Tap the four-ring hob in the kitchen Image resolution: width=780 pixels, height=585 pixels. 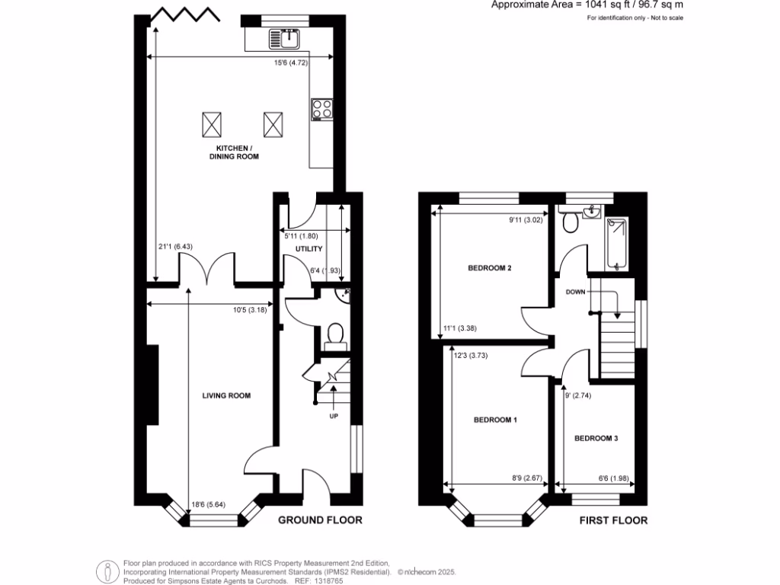click(321, 110)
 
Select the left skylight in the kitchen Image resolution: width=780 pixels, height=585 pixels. click(212, 122)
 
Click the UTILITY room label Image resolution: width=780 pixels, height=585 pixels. click(309, 249)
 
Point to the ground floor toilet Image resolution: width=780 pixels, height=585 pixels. click(334, 335)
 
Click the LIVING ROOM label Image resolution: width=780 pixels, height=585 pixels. click(226, 395)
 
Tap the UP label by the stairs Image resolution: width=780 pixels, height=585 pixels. click(334, 416)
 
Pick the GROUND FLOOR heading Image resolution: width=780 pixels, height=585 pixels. click(319, 521)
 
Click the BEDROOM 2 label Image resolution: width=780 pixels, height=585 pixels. click(489, 268)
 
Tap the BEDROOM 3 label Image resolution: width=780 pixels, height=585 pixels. click(596, 439)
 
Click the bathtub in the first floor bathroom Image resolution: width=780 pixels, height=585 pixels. click(617, 245)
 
